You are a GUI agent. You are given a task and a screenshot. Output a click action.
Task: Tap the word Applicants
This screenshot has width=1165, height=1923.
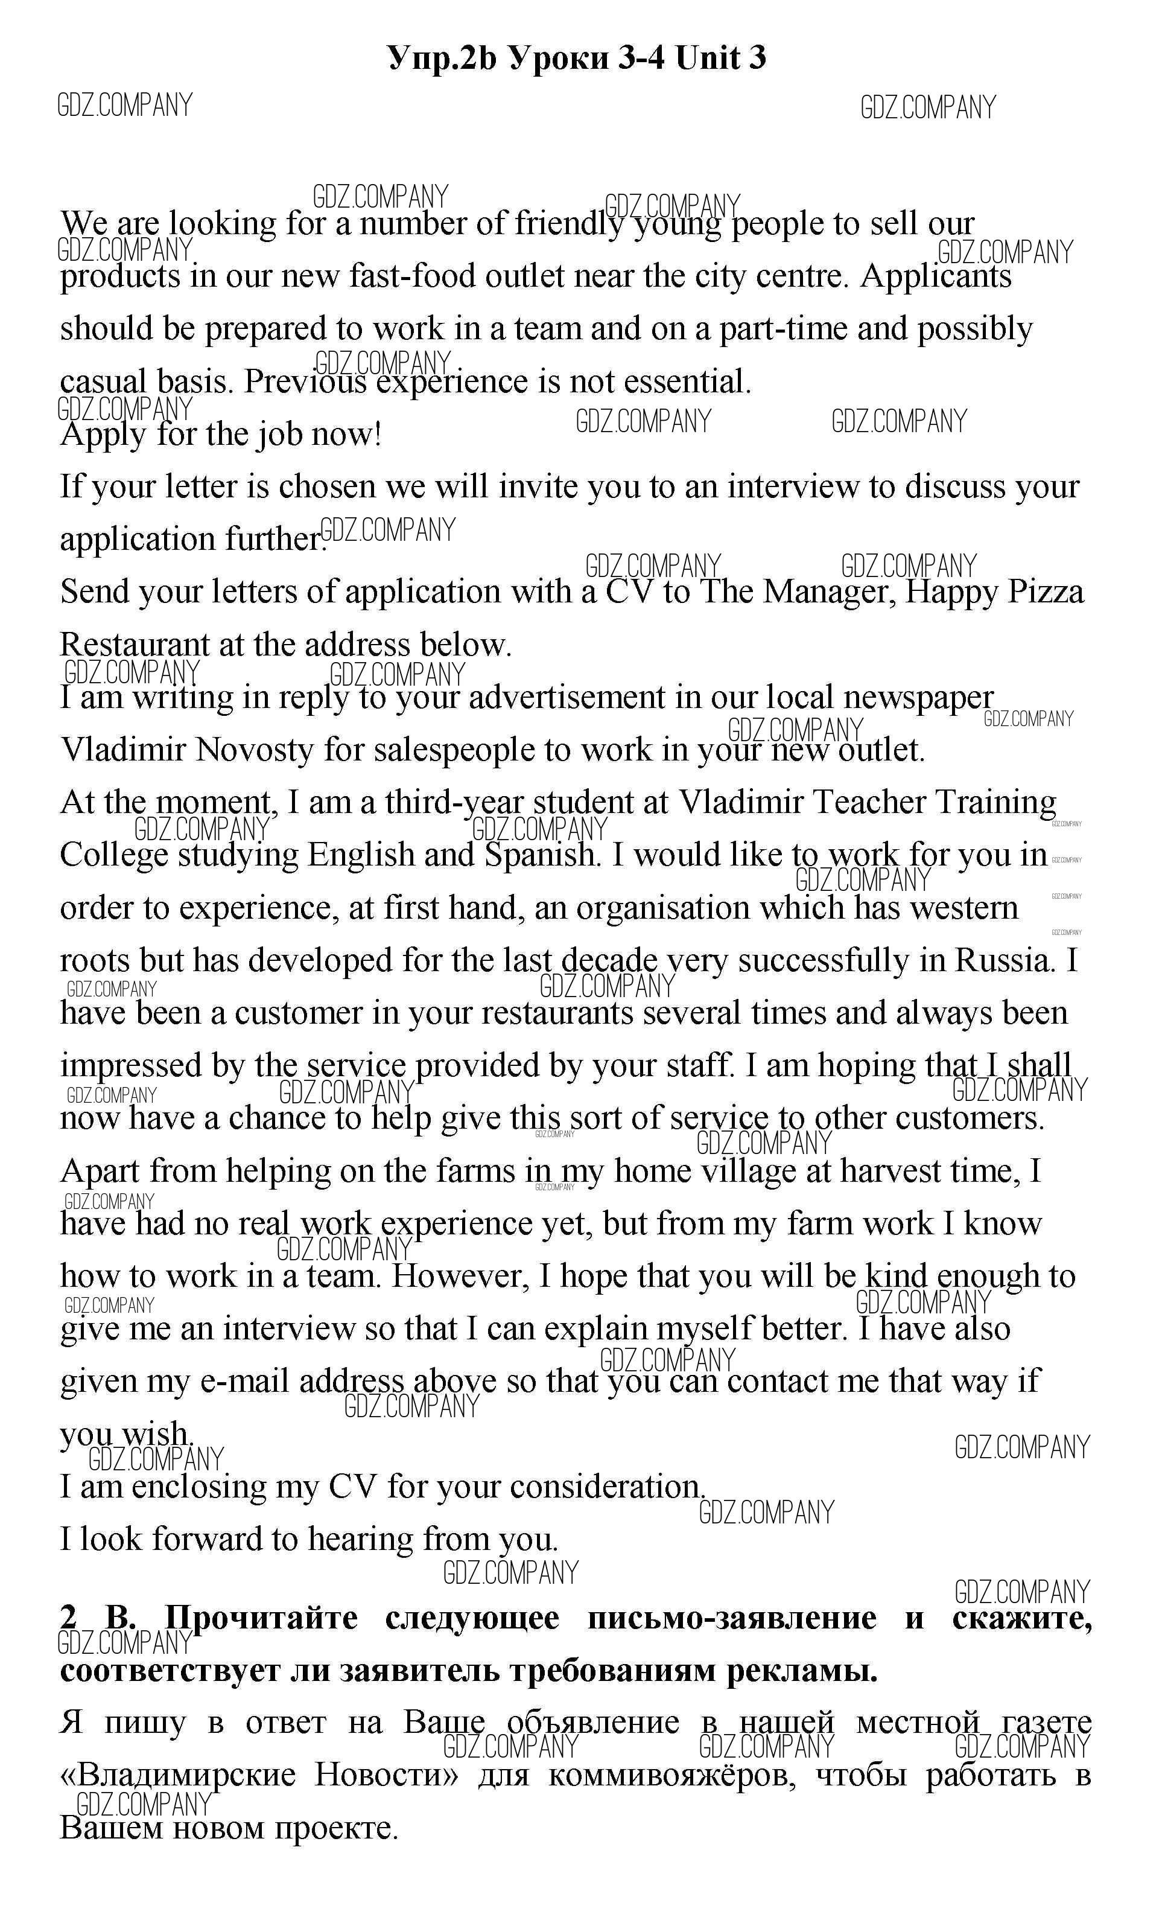[x=936, y=276]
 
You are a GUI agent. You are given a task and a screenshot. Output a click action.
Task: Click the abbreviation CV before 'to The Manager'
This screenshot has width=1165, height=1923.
[x=628, y=592]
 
